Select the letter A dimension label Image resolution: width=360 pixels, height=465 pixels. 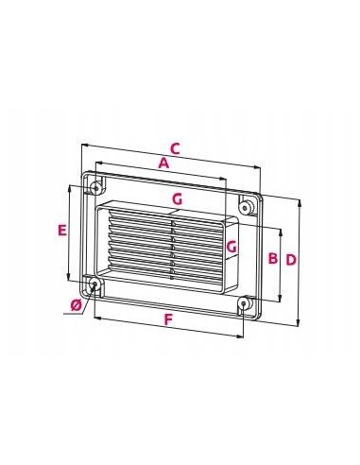[x=163, y=164]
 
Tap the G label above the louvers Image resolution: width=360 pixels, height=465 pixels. [x=176, y=199]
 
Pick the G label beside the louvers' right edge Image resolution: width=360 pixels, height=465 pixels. [x=232, y=248]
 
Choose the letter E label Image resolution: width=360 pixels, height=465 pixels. [x=61, y=230]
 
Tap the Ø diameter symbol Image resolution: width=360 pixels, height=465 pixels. [x=75, y=304]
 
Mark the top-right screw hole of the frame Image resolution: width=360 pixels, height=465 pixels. [x=245, y=206]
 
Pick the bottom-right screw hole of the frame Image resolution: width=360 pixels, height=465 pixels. [x=245, y=304]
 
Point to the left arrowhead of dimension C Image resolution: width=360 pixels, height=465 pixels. [x=85, y=145]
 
